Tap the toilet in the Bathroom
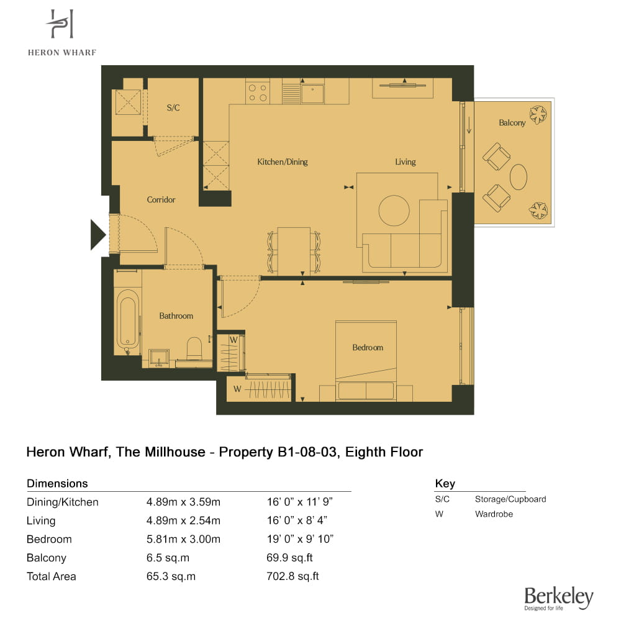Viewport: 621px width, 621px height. pyautogui.click(x=194, y=348)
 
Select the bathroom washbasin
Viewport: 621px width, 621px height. pyautogui.click(x=159, y=358)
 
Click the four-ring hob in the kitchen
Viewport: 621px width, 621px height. pyautogui.click(x=258, y=91)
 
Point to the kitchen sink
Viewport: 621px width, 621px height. pyautogui.click(x=312, y=93)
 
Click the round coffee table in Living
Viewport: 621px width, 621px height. pyautogui.click(x=394, y=211)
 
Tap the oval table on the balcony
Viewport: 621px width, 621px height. pyautogui.click(x=518, y=176)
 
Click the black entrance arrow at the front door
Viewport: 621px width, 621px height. pyautogui.click(x=98, y=235)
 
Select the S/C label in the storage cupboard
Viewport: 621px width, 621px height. pyautogui.click(x=173, y=107)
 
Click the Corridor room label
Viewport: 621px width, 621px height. pyautogui.click(x=161, y=199)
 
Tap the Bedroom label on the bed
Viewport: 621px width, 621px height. pyautogui.click(x=368, y=347)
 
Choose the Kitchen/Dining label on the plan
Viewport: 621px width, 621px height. pyautogui.click(x=283, y=161)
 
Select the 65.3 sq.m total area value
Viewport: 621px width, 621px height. pyautogui.click(x=171, y=576)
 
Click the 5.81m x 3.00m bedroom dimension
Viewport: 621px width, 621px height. pyautogui.click(x=183, y=539)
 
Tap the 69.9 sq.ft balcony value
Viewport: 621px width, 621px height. pyautogui.click(x=289, y=558)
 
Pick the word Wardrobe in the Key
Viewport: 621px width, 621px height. pyautogui.click(x=494, y=514)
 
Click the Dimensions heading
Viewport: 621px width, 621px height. pyautogui.click(x=57, y=484)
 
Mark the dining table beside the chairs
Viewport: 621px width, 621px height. pyautogui.click(x=294, y=251)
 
